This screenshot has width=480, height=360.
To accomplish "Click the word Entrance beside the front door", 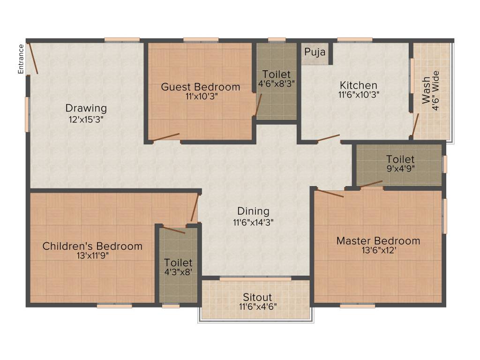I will tap(21, 59).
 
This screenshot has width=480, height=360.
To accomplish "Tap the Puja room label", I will tap(315, 52).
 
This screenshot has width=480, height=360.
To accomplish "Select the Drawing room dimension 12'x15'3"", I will tap(86, 119).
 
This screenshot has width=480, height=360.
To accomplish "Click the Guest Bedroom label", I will tap(201, 87).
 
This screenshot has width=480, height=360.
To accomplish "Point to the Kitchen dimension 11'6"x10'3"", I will tap(359, 94).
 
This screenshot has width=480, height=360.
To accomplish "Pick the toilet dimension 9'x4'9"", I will tap(400, 168).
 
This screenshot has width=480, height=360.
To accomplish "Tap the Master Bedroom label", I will tap(378, 241).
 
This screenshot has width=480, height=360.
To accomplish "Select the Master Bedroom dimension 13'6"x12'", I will tap(378, 250).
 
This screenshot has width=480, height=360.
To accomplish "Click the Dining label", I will tap(253, 211).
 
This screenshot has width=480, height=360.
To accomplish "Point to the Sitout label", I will tap(257, 297).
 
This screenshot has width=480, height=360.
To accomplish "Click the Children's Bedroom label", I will tap(92, 246).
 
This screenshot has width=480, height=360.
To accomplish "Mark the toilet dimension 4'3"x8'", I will tap(178, 272).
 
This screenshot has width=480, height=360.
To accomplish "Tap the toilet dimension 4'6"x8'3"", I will tap(277, 83).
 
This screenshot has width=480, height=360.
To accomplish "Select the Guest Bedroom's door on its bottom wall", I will tap(165, 136).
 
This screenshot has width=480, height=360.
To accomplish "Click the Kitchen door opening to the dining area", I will tap(328, 138).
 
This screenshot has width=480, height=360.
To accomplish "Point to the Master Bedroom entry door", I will tap(330, 193).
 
